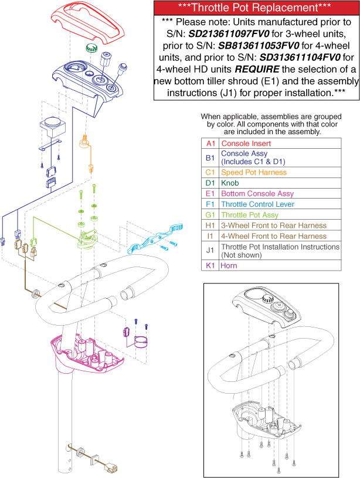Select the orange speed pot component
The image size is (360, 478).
86,142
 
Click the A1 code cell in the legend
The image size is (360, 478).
209,144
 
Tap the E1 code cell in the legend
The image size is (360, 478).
209,194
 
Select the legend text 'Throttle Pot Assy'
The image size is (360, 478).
251,215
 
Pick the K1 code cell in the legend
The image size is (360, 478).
209,265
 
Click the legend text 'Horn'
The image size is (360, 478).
229,265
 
